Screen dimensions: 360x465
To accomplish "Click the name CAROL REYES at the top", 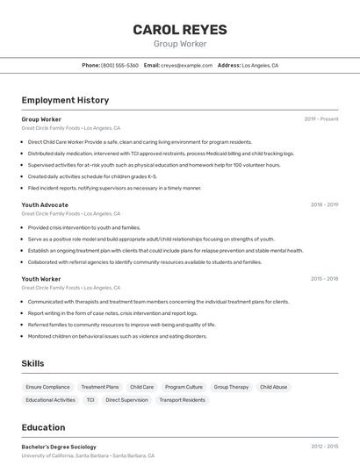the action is (x=180, y=30).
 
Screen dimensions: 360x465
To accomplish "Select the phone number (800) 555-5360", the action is (x=119, y=66).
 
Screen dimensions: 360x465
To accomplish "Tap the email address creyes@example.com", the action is (x=187, y=66).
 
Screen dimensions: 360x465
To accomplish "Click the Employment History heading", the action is (x=65, y=100).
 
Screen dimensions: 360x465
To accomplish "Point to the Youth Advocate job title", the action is (x=45, y=204).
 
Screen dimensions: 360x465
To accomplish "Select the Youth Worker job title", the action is (x=41, y=279).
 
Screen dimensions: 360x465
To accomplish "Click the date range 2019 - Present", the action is (x=321, y=119).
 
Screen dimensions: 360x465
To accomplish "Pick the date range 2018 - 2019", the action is (x=324, y=204).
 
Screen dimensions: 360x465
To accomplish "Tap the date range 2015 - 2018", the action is (x=324, y=279).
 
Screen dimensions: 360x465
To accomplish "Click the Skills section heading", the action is (x=32, y=363).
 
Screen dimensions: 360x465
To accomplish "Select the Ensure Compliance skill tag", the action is (x=48, y=387).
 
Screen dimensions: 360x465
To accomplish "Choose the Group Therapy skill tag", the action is (x=231, y=387).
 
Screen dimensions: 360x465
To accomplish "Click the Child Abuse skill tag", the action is (x=273, y=387).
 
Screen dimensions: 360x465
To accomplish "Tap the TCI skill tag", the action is (x=90, y=400).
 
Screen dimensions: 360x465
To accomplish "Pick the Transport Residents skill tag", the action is (x=182, y=400).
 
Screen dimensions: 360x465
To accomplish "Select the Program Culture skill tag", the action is (x=184, y=387).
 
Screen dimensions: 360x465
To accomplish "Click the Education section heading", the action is (x=43, y=428).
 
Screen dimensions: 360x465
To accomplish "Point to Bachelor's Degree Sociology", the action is (x=59, y=447).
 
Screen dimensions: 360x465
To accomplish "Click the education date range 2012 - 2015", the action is (x=324, y=447).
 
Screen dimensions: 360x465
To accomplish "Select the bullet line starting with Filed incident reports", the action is (x=114, y=188).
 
